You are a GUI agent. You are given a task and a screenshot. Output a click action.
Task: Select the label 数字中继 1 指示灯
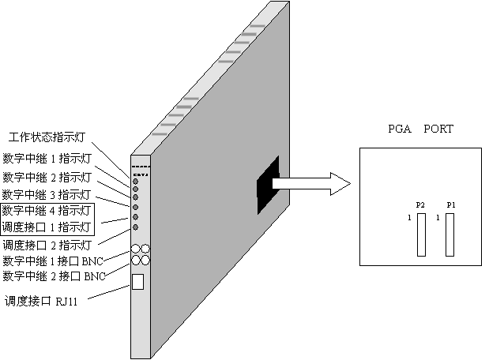click(x=47, y=156)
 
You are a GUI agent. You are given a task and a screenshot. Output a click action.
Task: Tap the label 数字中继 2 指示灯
click(x=47, y=175)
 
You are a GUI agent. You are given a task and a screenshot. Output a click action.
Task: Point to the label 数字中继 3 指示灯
click(x=47, y=193)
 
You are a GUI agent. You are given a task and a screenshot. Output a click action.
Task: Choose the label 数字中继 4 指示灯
click(x=47, y=211)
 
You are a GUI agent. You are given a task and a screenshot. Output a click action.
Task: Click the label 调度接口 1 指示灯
click(x=47, y=227)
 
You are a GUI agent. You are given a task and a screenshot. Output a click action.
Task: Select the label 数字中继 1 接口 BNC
click(x=53, y=261)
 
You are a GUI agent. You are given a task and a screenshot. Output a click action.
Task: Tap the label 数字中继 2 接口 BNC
click(x=53, y=276)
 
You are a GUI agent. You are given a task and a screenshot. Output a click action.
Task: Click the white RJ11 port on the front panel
click(x=137, y=281)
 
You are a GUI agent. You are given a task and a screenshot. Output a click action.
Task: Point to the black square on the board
click(x=268, y=185)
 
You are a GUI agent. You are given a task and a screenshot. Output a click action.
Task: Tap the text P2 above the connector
click(x=420, y=205)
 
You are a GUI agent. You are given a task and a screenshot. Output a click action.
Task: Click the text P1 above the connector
click(x=450, y=205)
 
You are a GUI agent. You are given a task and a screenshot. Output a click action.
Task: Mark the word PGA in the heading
click(x=399, y=129)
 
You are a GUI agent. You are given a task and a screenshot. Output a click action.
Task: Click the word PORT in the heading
click(x=438, y=129)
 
